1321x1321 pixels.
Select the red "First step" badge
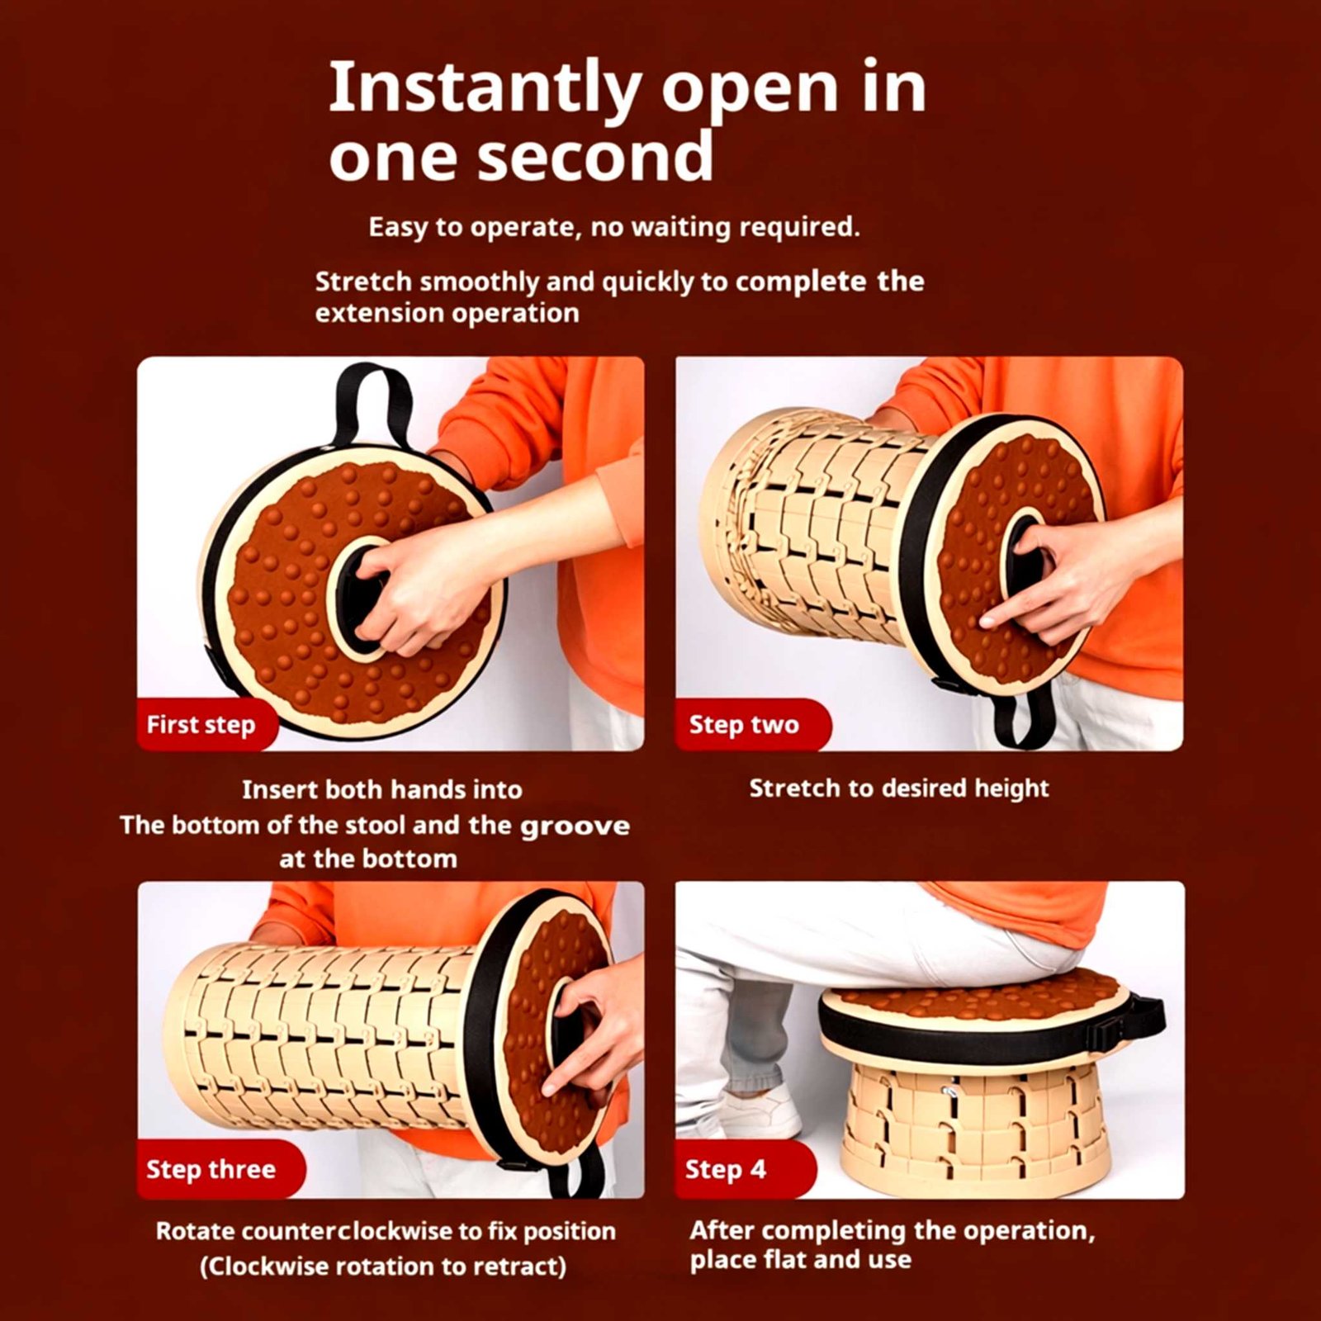click(x=206, y=724)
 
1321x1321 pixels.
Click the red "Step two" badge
click(x=752, y=724)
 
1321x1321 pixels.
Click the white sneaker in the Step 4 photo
click(x=760, y=1115)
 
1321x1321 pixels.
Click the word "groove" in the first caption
click(x=575, y=826)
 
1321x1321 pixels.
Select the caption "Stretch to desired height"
click(x=899, y=788)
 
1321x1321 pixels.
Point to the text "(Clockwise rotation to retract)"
click(x=383, y=1266)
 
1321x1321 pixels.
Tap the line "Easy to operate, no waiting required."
click(x=614, y=226)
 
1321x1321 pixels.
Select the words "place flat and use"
click(x=801, y=1260)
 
